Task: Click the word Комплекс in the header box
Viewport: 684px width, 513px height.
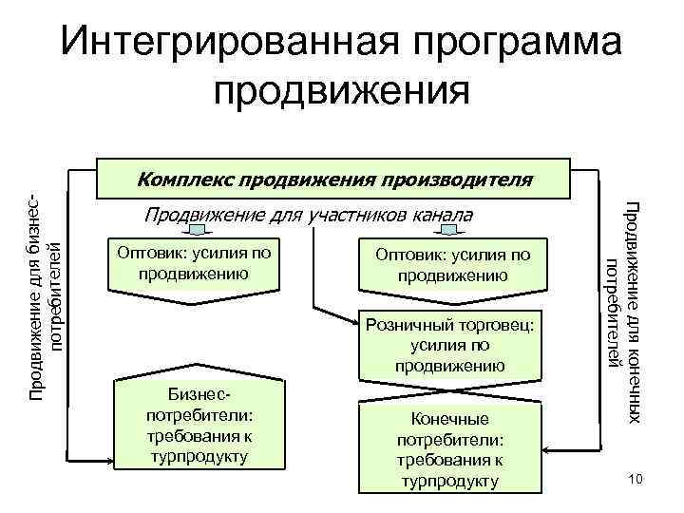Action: pyautogui.click(x=184, y=178)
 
